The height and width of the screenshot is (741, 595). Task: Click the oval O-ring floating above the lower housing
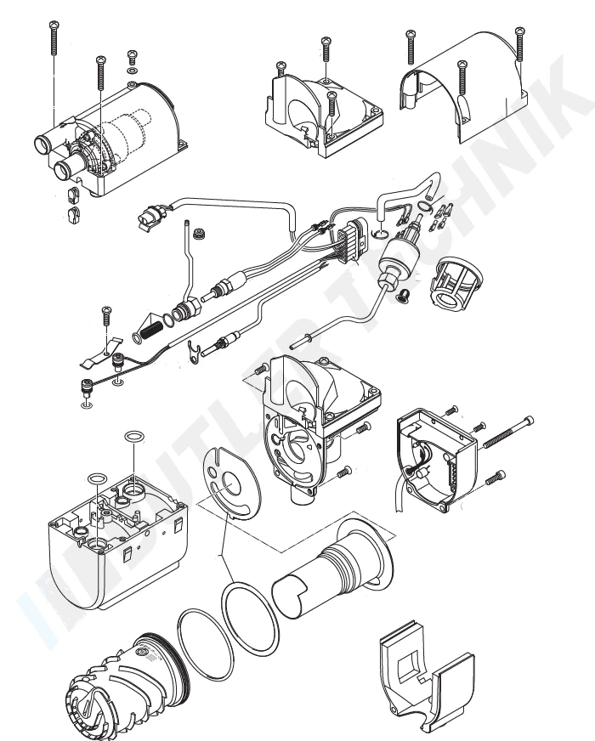click(133, 437)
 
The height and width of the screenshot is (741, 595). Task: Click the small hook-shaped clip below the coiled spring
click(195, 349)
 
